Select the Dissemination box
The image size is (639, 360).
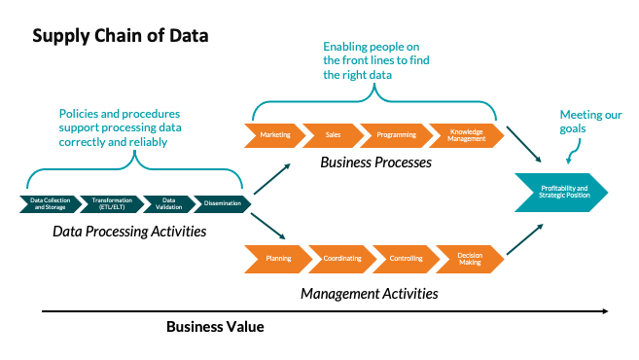coord(220,202)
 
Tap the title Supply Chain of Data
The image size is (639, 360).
coord(120,36)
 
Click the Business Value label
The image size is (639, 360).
coord(215,327)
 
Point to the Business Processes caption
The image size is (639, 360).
coord(375,162)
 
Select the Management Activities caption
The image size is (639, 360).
coord(369,293)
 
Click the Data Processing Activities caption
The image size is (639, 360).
coord(132,232)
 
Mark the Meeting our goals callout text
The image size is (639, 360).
coord(590,122)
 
